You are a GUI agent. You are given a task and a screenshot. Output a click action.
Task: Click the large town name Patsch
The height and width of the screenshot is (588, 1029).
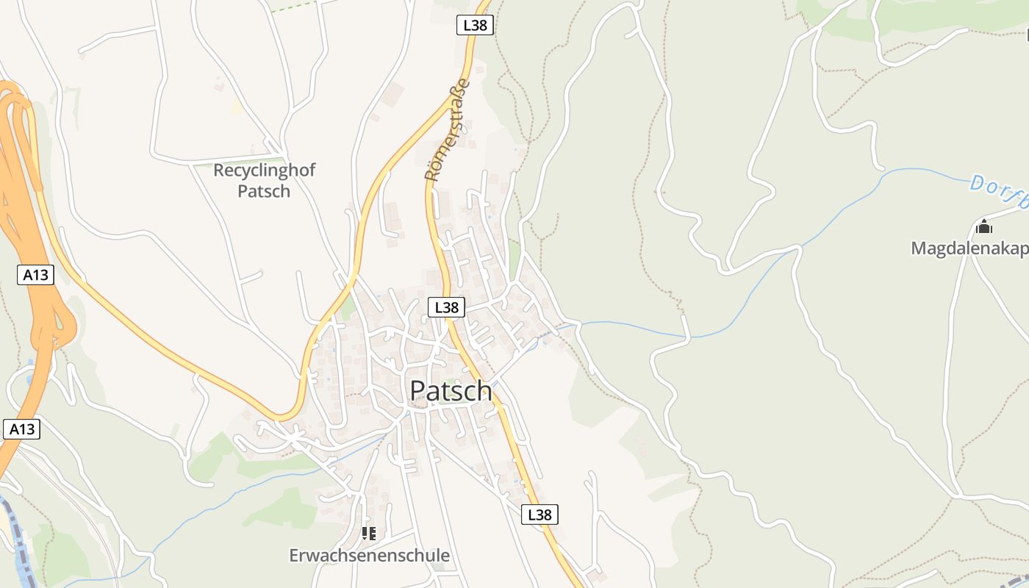pyautogui.click(x=451, y=390)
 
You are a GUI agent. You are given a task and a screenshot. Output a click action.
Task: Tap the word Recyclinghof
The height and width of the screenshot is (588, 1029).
pyautogui.click(x=264, y=171)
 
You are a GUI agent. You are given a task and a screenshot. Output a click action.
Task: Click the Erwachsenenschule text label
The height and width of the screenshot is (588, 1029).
pyautogui.click(x=369, y=556)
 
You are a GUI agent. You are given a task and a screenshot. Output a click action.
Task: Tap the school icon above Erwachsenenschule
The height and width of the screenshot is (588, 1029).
pyautogui.click(x=369, y=533)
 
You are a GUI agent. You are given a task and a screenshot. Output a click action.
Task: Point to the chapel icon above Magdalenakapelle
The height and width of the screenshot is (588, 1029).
pyautogui.click(x=983, y=226)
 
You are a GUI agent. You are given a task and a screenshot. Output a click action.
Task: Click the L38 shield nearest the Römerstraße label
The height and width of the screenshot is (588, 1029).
pyautogui.click(x=474, y=25)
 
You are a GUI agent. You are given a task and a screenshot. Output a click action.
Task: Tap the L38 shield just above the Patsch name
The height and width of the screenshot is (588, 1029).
pyautogui.click(x=446, y=307)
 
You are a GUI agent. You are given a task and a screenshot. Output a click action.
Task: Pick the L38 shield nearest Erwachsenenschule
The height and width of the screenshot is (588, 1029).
pyautogui.click(x=539, y=514)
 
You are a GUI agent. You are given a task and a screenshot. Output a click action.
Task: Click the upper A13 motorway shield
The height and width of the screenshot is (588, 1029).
pyautogui.click(x=35, y=275)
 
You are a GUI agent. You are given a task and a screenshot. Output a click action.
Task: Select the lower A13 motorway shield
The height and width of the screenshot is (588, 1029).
pyautogui.click(x=21, y=429)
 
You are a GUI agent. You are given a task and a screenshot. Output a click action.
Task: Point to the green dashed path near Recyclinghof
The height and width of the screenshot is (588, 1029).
pyautogui.click(x=294, y=7)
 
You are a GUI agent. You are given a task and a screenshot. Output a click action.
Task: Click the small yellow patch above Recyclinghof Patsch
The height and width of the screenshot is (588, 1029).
pyautogui.click(x=237, y=107)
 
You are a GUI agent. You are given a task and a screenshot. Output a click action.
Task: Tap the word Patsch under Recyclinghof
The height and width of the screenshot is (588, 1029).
pyautogui.click(x=264, y=191)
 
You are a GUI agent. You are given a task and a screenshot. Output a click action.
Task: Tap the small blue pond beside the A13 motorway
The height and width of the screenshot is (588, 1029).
pyautogui.click(x=31, y=379)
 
